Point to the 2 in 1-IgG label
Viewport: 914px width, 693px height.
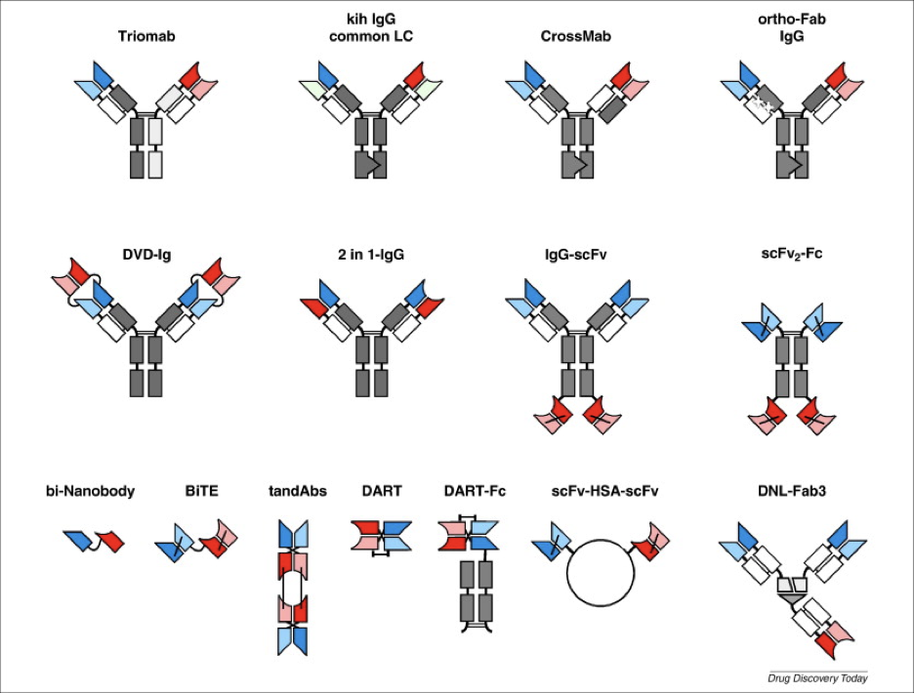point(365,255)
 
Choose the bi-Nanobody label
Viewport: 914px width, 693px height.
point(89,491)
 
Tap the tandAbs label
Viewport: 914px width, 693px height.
point(293,491)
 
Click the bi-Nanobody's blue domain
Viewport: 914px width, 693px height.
point(78,540)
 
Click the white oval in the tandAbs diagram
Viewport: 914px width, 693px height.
point(293,591)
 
